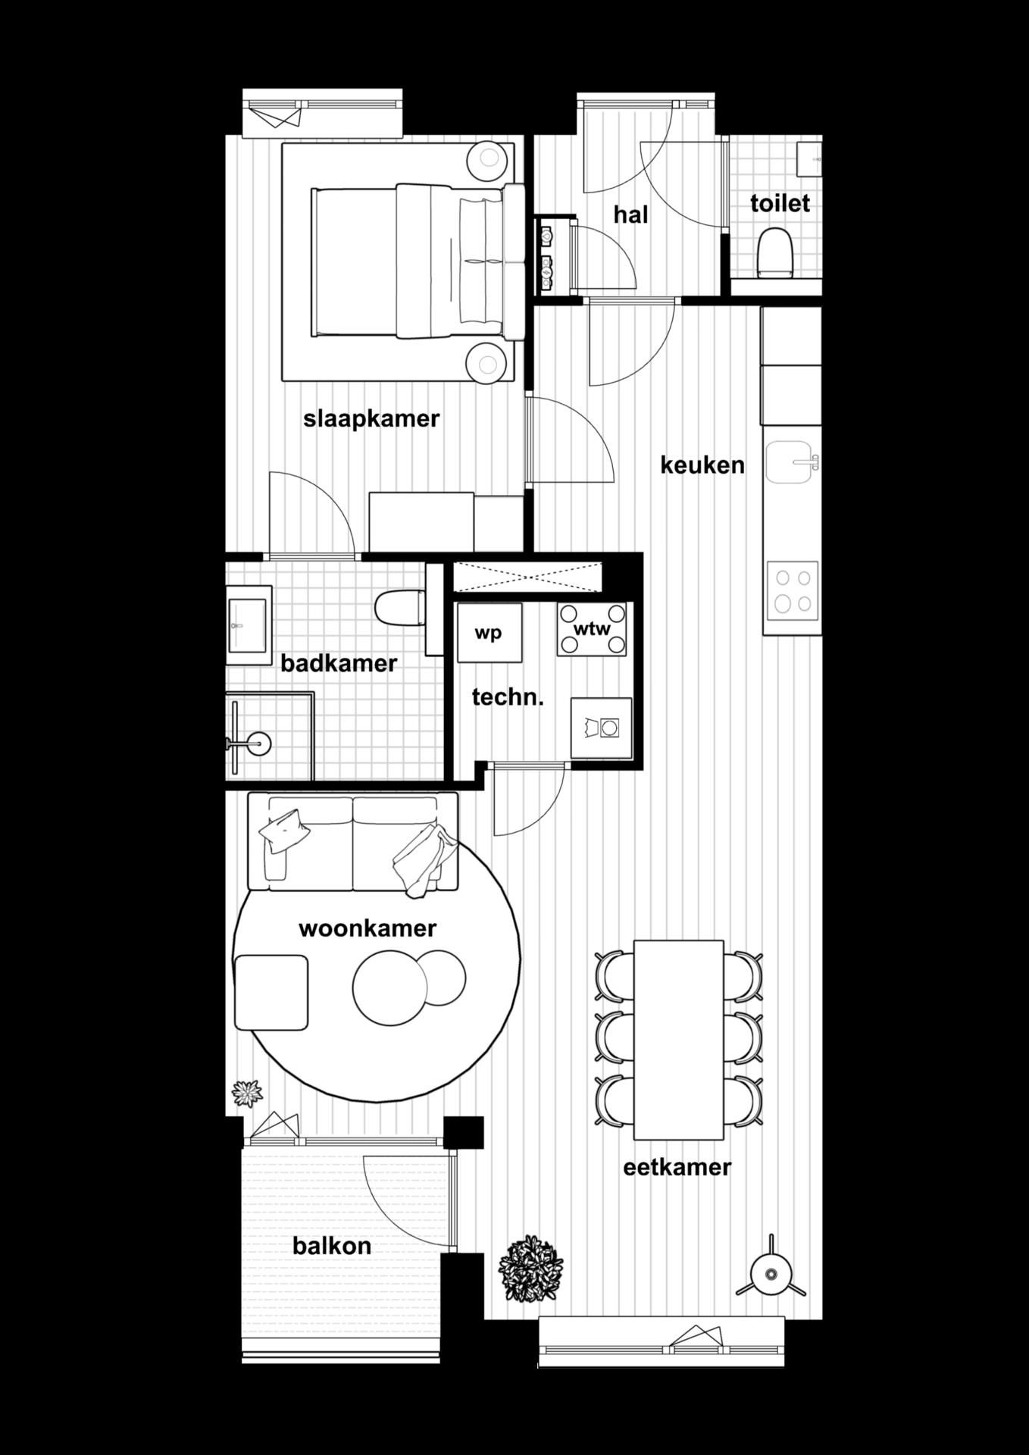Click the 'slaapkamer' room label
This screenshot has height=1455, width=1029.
[371, 419]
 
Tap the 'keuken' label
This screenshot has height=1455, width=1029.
[702, 465]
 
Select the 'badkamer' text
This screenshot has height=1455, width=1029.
[339, 664]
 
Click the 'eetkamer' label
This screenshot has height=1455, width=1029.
[677, 1167]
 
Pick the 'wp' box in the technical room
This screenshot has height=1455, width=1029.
[489, 633]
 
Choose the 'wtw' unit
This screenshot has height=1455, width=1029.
[592, 629]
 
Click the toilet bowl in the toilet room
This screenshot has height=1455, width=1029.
[774, 252]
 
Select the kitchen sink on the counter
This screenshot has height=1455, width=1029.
[791, 462]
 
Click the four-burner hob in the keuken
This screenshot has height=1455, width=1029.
[793, 591]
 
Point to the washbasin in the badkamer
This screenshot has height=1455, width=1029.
[247, 625]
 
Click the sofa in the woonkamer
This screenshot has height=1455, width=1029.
[353, 841]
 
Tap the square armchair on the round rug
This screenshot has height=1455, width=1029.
[271, 992]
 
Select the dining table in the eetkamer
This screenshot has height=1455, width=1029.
[678, 1039]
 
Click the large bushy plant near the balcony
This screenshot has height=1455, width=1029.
[531, 1269]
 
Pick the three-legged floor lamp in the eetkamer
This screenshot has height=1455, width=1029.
[771, 1275]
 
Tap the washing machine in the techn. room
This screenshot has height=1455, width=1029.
[602, 727]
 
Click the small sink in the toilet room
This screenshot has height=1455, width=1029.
[809, 158]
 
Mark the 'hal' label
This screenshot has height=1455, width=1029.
[630, 215]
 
